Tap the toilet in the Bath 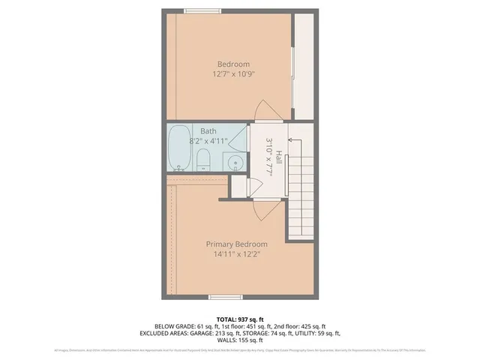pyautogui.click(x=202, y=157)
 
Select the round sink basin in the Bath pyautogui.click(x=233, y=163)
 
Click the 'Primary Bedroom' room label pyautogui.click(x=236, y=244)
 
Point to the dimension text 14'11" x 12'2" pyautogui.click(x=236, y=253)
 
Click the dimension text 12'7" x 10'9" pyautogui.click(x=233, y=74)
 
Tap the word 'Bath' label pyautogui.click(x=208, y=131)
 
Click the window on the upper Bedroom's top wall pyautogui.click(x=200, y=10)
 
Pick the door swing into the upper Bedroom pyautogui.click(x=258, y=111)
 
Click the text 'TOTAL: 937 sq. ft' pyautogui.click(x=239, y=318)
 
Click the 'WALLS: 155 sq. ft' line pyautogui.click(x=239, y=340)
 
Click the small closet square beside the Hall pyautogui.click(x=239, y=187)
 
